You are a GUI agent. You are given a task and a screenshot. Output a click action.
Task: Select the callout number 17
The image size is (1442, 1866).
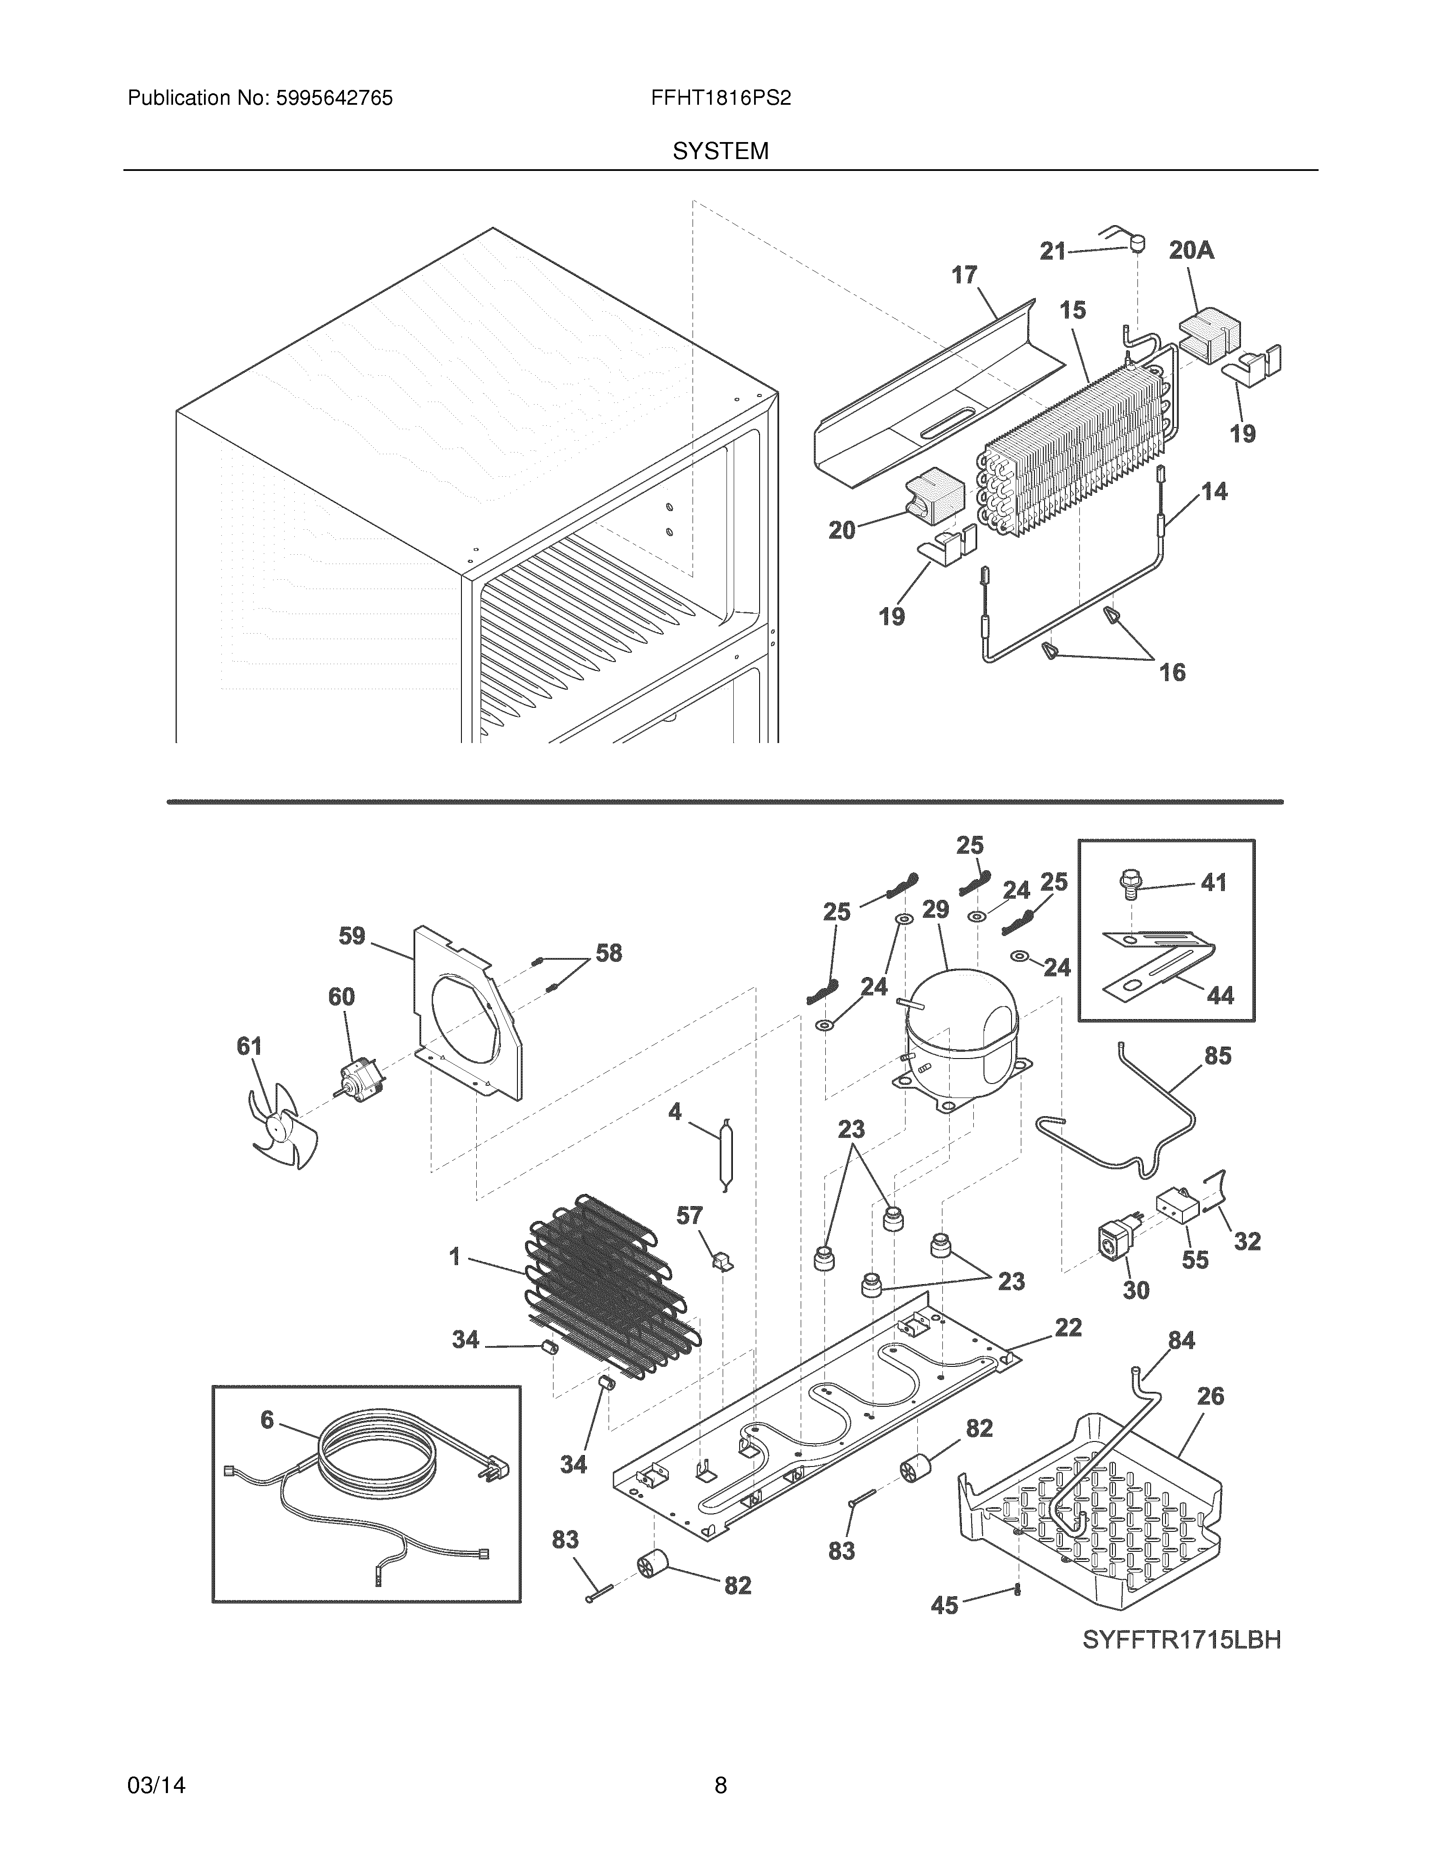tap(964, 275)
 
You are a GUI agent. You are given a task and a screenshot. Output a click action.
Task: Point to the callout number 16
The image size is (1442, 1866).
tap(1172, 673)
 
